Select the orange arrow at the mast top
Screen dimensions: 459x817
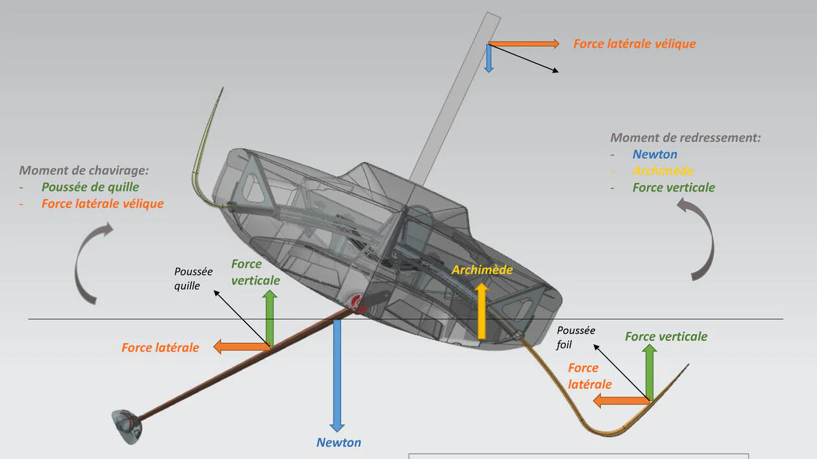pyautogui.click(x=523, y=44)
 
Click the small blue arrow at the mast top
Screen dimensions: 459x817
pyautogui.click(x=489, y=59)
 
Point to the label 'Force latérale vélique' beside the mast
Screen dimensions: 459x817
pyautogui.click(x=634, y=44)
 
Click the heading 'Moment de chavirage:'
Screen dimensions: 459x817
pyautogui.click(x=84, y=171)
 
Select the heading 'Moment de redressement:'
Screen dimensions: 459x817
pyautogui.click(x=685, y=137)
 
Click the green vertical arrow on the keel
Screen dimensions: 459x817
pyautogui.click(x=270, y=318)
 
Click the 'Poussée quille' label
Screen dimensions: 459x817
pyautogui.click(x=193, y=278)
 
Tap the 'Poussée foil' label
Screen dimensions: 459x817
pyautogui.click(x=576, y=337)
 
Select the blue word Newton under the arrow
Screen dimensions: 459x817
pyautogui.click(x=338, y=443)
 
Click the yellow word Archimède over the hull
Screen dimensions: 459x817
pyautogui.click(x=482, y=270)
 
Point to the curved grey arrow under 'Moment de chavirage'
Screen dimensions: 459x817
pyautogui.click(x=89, y=263)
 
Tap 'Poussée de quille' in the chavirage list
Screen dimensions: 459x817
pyautogui.click(x=90, y=187)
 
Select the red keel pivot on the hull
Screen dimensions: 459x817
pyautogui.click(x=357, y=303)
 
